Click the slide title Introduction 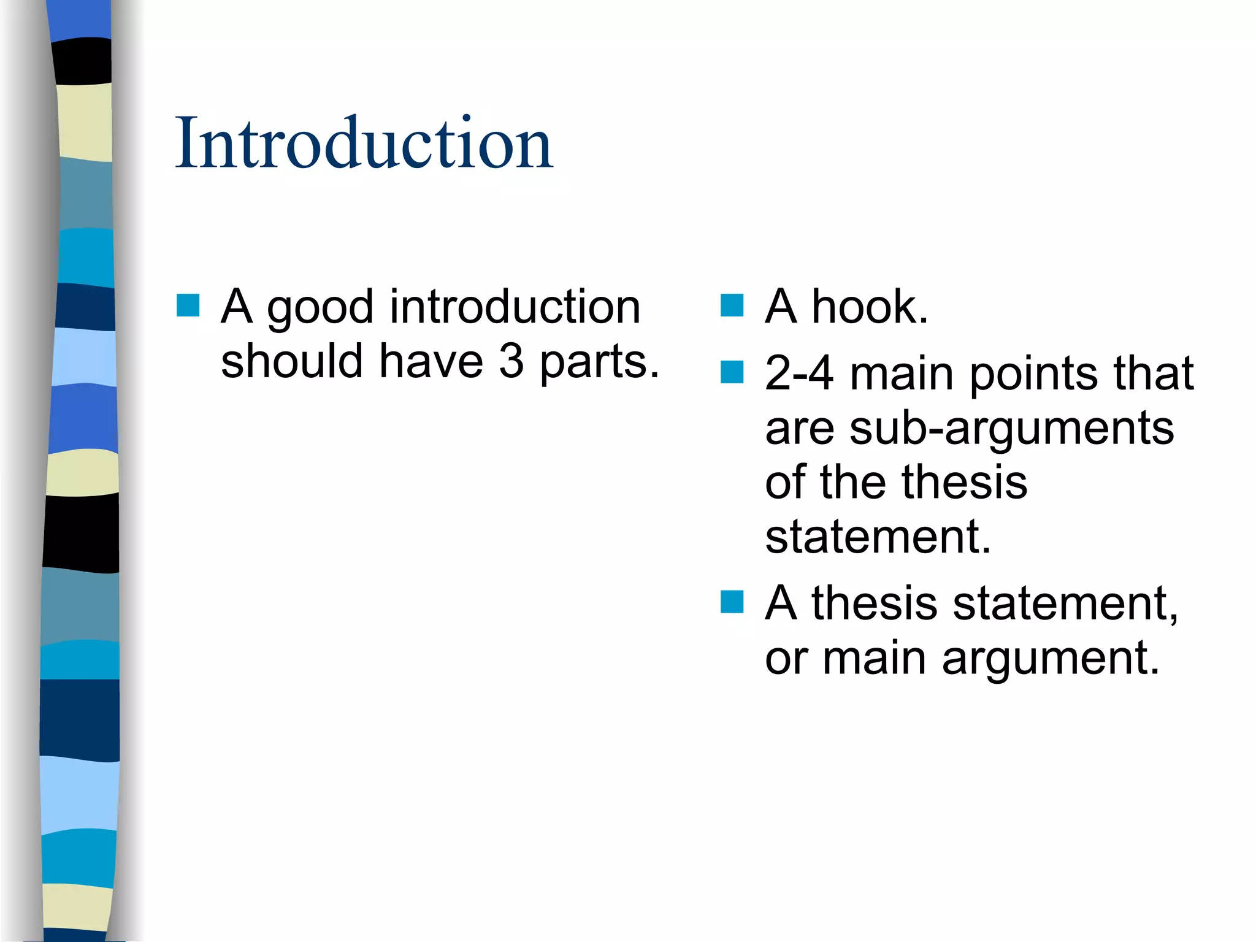click(x=364, y=143)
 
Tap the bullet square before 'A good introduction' click(x=188, y=305)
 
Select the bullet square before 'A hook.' click(x=732, y=305)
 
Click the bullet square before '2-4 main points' click(x=732, y=372)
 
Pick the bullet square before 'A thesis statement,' click(x=732, y=602)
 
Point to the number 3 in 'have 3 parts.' click(x=511, y=361)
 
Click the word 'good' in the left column click(x=320, y=308)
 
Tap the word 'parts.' click(x=599, y=362)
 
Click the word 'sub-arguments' click(x=1011, y=429)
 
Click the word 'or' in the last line click(x=785, y=659)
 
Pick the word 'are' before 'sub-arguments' click(x=799, y=429)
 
